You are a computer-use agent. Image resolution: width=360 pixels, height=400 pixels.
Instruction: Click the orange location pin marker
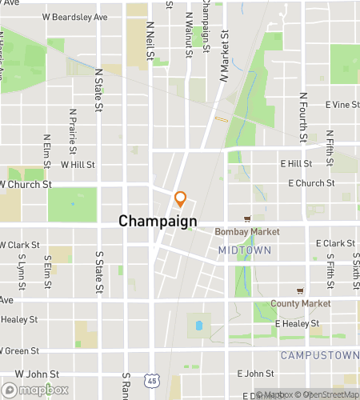[x=180, y=199]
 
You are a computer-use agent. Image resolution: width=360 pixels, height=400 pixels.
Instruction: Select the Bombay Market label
[x=247, y=232]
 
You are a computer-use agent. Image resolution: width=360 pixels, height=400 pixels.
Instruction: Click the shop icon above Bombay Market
[x=247, y=218]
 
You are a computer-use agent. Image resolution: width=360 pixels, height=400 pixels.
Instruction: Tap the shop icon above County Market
[x=300, y=290]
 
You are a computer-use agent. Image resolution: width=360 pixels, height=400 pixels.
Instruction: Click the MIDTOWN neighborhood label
[x=245, y=250]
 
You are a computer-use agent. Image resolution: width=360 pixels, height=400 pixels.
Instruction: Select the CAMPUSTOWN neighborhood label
[x=315, y=354]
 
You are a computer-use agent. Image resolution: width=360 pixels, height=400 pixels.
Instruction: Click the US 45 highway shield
[x=152, y=378]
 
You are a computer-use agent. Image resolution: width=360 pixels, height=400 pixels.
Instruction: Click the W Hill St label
[x=78, y=164]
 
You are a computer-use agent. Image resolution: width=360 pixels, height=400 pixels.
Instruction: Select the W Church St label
[x=26, y=183]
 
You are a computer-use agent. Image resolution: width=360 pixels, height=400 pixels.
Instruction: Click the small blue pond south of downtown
[x=197, y=326]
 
